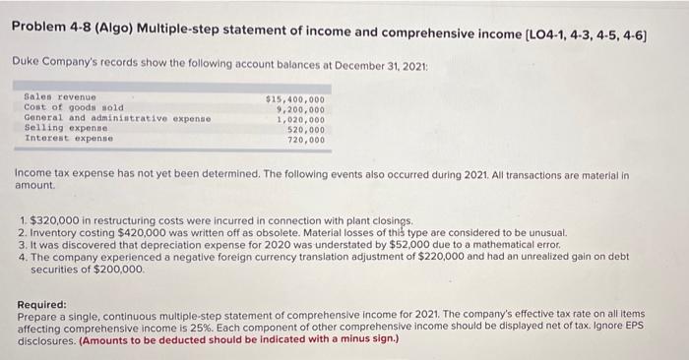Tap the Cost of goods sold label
tap(59, 107)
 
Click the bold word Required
tap(42, 305)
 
